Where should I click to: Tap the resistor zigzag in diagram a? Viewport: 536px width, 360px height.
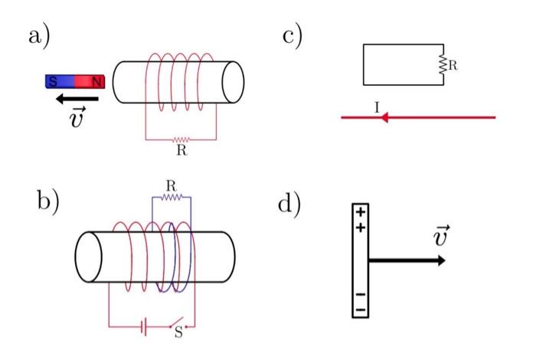coord(181,140)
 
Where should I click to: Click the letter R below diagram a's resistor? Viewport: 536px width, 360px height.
coord(181,151)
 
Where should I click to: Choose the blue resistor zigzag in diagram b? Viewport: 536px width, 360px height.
coord(171,197)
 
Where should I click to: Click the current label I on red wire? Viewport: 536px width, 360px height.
coord(377,109)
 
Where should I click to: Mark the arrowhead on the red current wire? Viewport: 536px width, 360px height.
coord(386,118)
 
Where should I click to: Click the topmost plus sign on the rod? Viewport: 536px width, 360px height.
coord(361,211)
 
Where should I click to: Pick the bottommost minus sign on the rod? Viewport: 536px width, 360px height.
coord(360,309)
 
